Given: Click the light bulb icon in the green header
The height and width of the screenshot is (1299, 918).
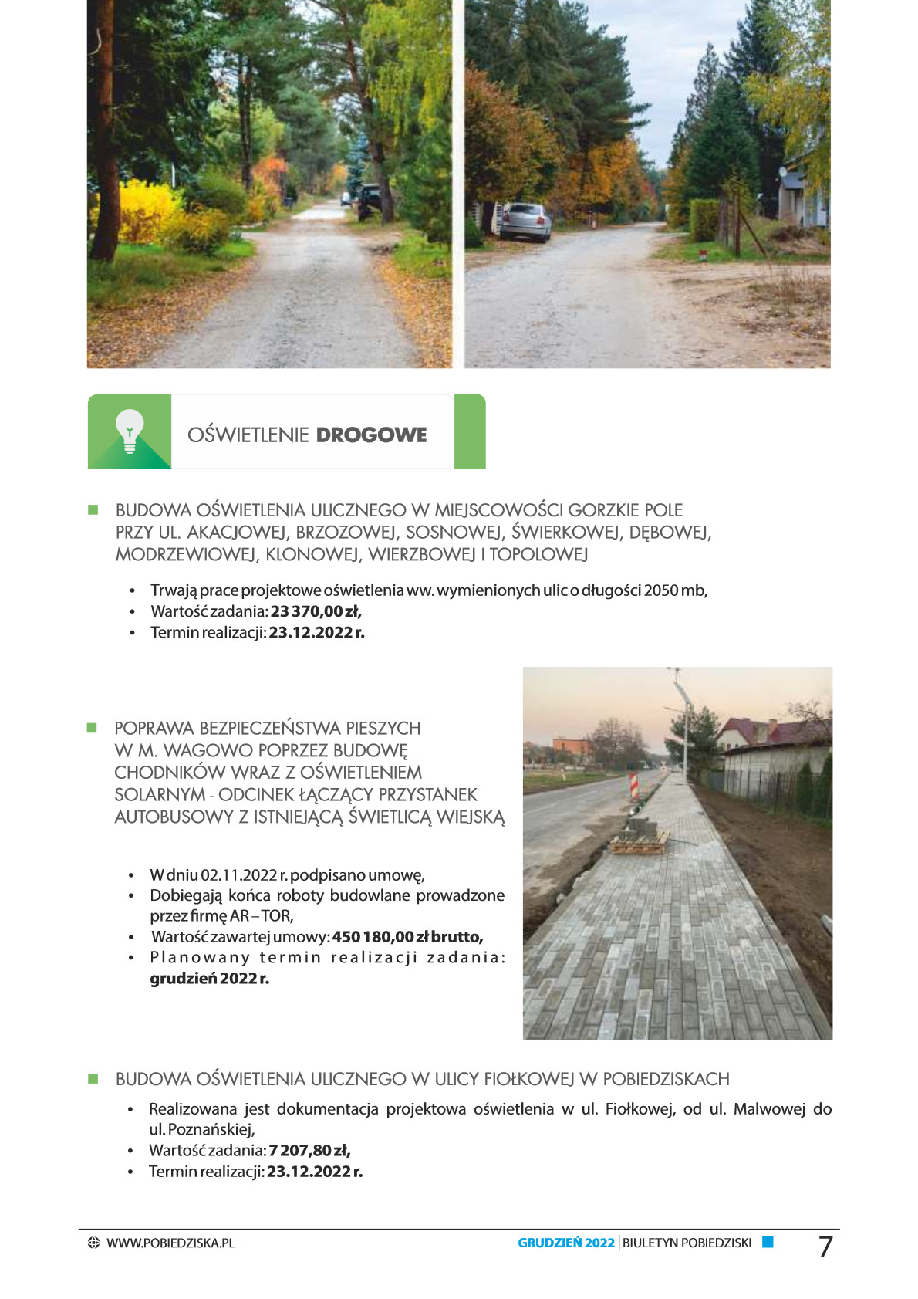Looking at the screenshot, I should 130,431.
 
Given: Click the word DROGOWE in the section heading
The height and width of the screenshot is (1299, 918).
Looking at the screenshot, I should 371,435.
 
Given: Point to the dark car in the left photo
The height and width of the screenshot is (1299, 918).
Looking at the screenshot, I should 370,201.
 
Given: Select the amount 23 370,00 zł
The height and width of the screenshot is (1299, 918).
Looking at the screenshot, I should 316,611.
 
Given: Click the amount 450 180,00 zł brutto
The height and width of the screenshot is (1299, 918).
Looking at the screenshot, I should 407,937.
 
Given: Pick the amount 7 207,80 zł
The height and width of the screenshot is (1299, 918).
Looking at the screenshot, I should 309,1151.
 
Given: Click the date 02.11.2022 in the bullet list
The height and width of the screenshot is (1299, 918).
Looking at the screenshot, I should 238,875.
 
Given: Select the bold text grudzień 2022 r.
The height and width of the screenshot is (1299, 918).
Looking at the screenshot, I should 210,979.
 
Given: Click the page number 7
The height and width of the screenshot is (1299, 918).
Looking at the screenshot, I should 825,1247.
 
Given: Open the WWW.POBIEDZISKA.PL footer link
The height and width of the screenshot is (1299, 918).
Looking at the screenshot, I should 170,1243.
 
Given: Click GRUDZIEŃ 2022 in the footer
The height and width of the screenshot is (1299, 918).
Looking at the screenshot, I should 566,1243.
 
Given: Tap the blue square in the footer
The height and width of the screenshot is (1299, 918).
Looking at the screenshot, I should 768,1243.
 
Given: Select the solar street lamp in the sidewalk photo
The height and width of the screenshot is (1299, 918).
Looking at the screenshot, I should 680,722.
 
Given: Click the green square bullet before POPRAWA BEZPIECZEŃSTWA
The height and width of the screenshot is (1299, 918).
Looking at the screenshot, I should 93,728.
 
